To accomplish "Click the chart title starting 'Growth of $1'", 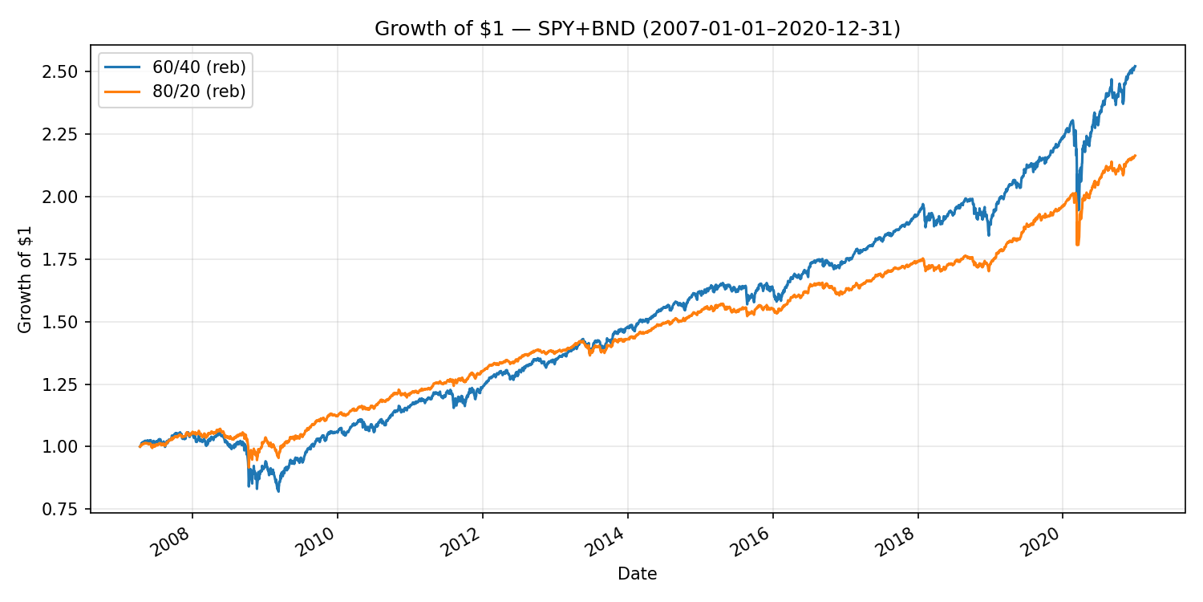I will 638,29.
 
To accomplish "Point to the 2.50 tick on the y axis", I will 66,72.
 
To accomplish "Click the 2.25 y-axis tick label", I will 66,134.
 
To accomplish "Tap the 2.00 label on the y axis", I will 66,197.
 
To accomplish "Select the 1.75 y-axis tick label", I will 66,259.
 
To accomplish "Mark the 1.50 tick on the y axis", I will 66,322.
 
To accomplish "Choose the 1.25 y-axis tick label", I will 66,384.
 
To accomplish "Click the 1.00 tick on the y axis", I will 66,446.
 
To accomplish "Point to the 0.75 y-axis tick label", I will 66,509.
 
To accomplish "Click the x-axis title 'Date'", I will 638,574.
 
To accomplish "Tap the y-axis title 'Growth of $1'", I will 25,279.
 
